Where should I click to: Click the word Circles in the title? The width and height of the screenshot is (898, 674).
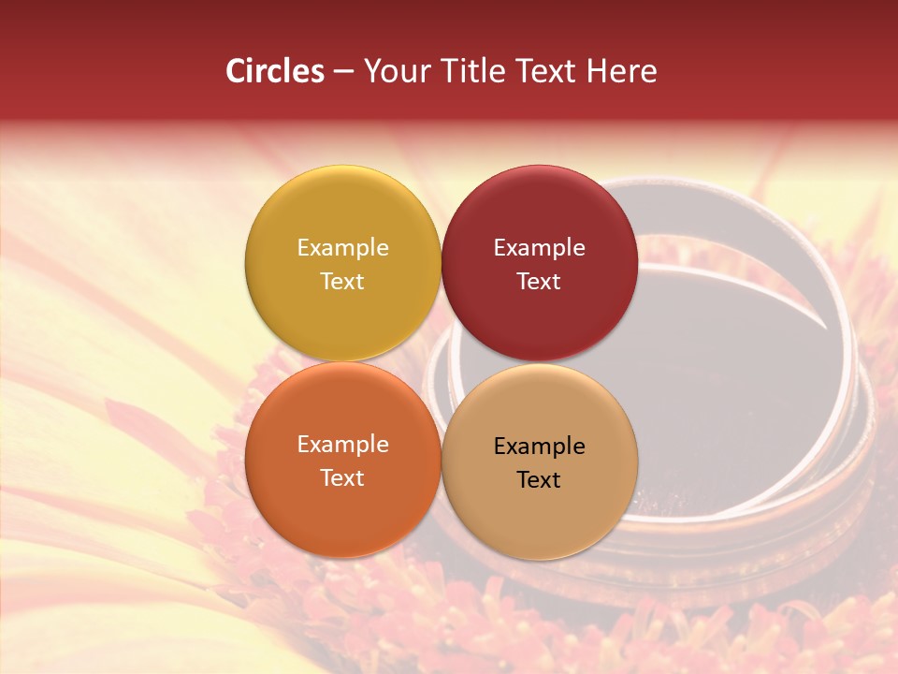click(275, 71)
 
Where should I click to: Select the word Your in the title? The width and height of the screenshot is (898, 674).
click(396, 71)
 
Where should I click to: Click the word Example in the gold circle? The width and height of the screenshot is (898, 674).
click(342, 247)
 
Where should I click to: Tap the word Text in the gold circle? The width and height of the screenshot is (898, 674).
click(342, 281)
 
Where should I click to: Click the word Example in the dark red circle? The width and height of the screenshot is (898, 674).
click(539, 247)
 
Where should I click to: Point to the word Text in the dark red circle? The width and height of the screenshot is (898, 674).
click(539, 281)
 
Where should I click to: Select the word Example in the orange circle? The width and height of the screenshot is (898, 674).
click(342, 444)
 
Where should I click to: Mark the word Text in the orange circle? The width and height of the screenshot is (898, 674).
click(342, 477)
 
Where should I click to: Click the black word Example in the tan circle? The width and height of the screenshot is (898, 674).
click(539, 446)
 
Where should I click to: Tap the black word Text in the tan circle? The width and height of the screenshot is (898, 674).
click(539, 479)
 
